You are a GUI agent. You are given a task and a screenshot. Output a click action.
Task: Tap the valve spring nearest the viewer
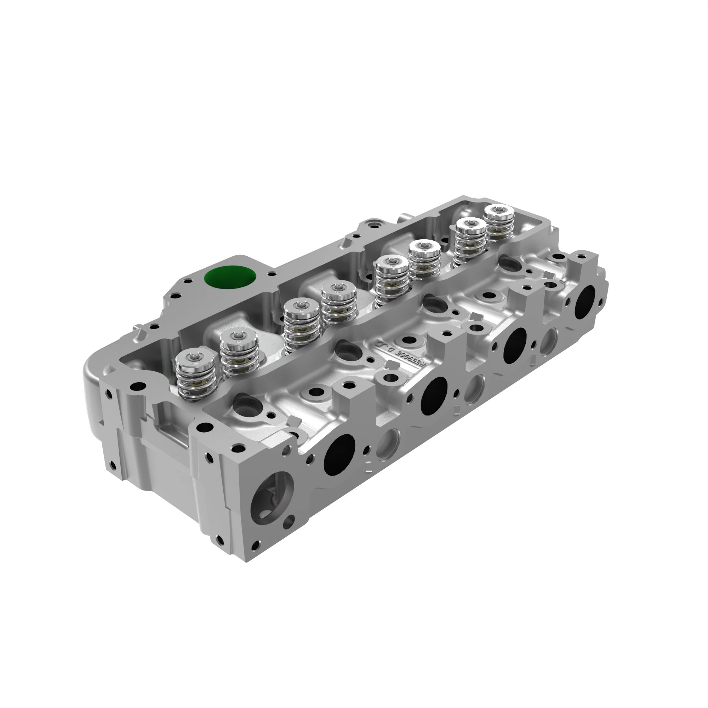pos(196,376)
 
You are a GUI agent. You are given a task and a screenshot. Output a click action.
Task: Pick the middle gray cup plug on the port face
pos(475,389)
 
